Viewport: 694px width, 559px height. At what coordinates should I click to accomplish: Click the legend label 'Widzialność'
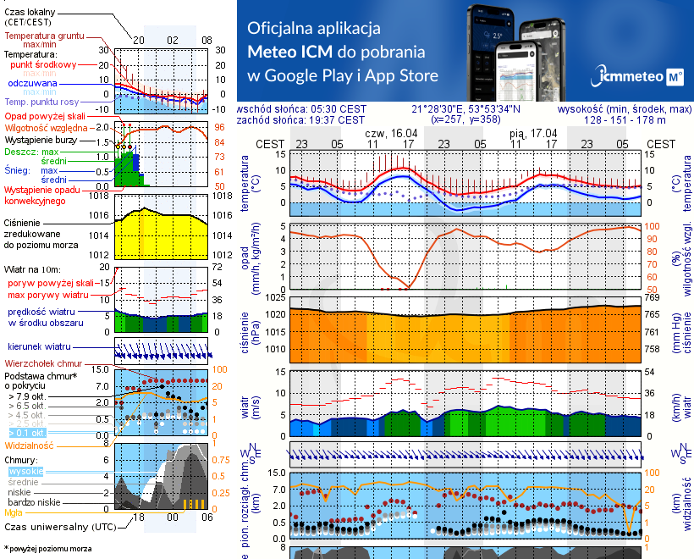coord(29,444)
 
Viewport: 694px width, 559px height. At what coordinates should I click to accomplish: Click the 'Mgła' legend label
coord(14,512)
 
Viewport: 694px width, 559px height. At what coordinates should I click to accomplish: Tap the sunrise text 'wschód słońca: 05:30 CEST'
coord(302,108)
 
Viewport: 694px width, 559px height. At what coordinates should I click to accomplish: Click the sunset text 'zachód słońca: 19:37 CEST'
coord(301,119)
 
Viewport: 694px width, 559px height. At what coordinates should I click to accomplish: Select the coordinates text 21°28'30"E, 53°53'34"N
coord(466,108)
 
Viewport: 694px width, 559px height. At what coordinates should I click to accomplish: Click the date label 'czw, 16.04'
coord(391,133)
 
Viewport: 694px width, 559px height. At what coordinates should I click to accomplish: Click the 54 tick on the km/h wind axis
coord(653,372)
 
